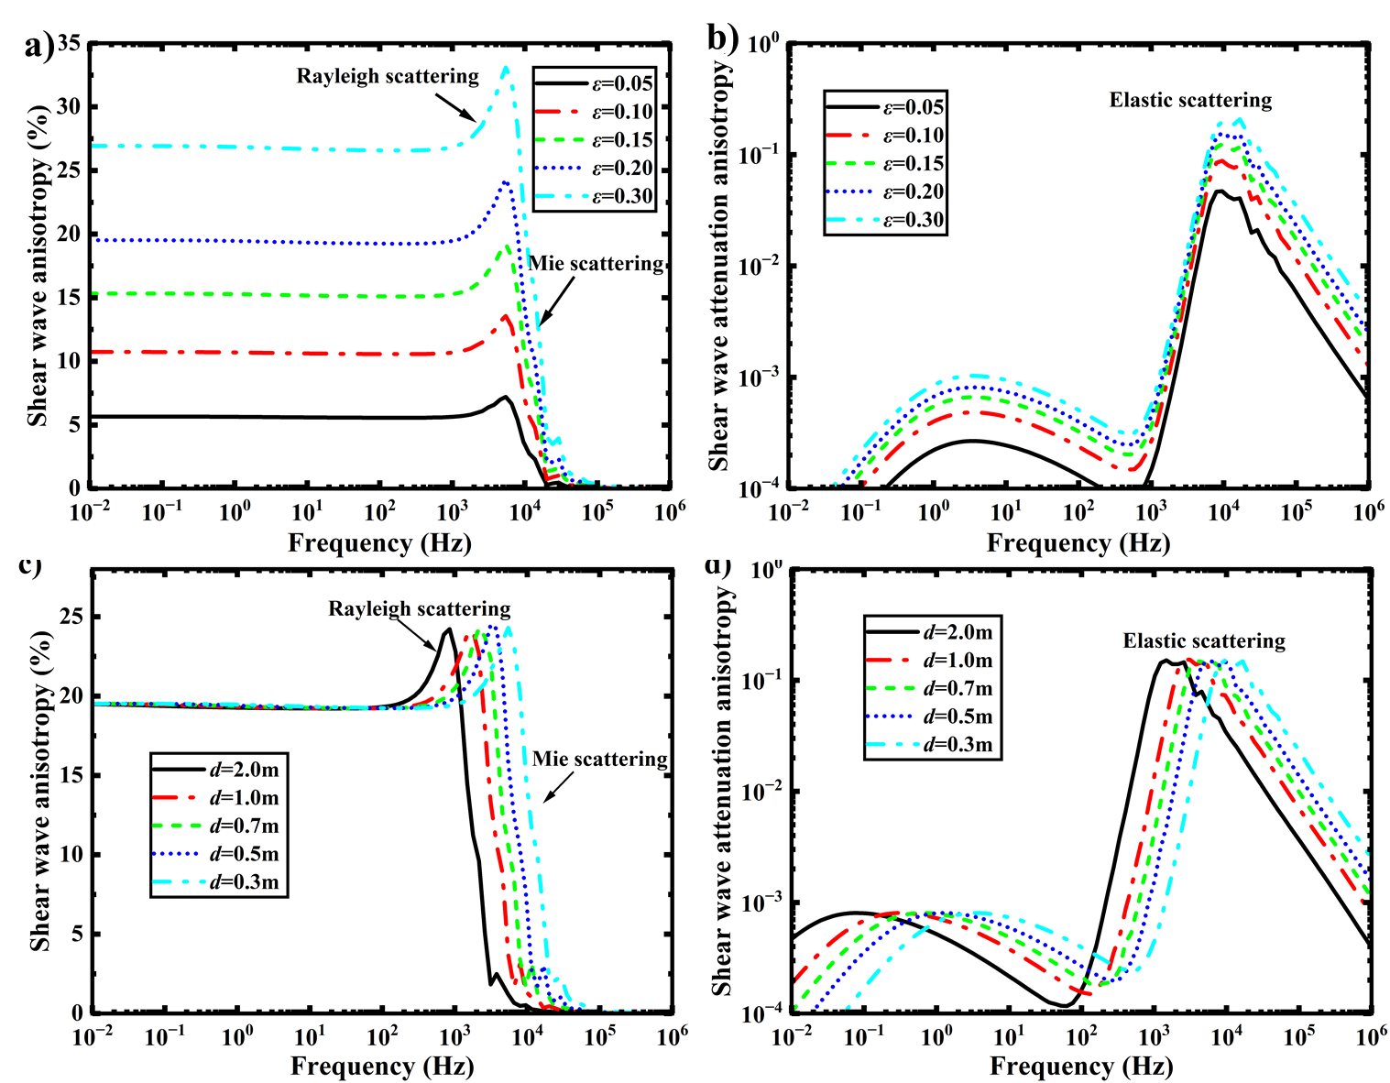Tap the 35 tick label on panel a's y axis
[69, 43]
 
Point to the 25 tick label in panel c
[71, 616]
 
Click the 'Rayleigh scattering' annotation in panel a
[387, 76]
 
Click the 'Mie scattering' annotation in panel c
[600, 759]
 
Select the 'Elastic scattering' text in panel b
[1190, 100]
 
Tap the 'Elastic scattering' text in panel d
[1204, 640]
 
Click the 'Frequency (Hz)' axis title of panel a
[379, 542]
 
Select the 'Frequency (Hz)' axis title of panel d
[1081, 1066]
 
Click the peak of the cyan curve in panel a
[506, 66]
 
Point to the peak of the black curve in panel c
[448, 629]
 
